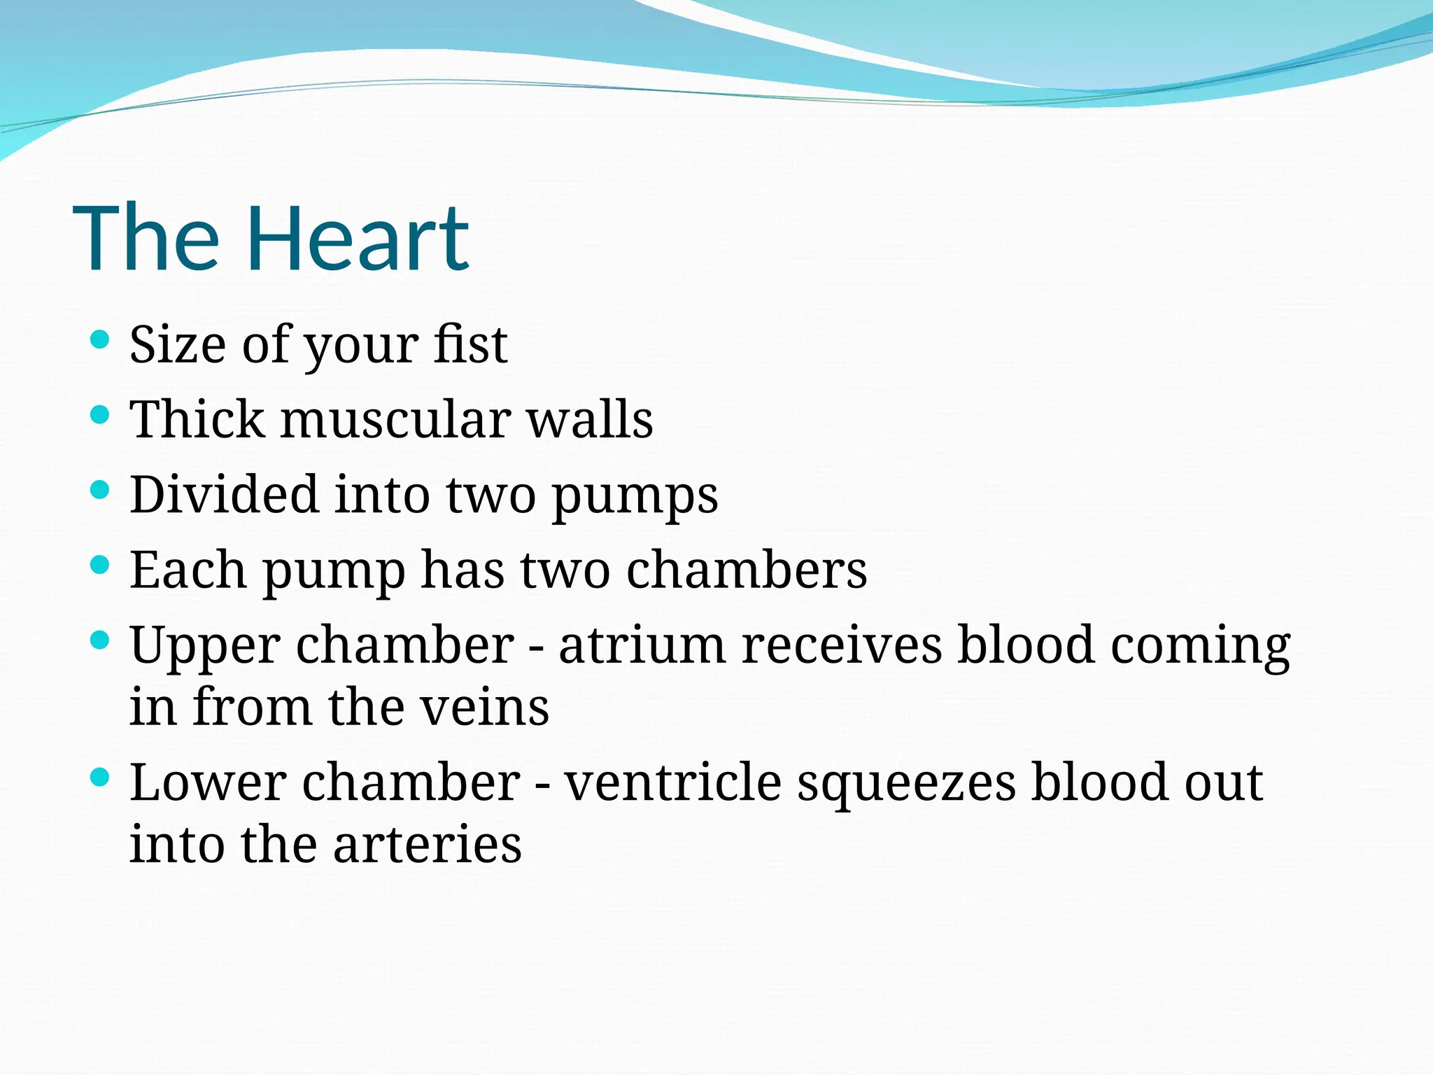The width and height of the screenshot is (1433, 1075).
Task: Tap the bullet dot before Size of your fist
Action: (101, 340)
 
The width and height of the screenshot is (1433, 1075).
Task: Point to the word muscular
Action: (395, 420)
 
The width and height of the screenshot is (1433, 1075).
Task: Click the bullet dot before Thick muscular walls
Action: (101, 415)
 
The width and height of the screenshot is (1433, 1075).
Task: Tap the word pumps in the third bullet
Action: (635, 497)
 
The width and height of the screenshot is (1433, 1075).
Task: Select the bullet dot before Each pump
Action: (101, 565)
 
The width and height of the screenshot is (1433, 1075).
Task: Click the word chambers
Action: (747, 570)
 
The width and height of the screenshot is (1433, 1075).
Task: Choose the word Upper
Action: (204, 647)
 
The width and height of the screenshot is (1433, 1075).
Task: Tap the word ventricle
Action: (672, 782)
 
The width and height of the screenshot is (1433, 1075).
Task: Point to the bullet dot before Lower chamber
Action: (101, 776)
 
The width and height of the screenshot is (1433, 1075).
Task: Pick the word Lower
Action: (208, 782)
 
